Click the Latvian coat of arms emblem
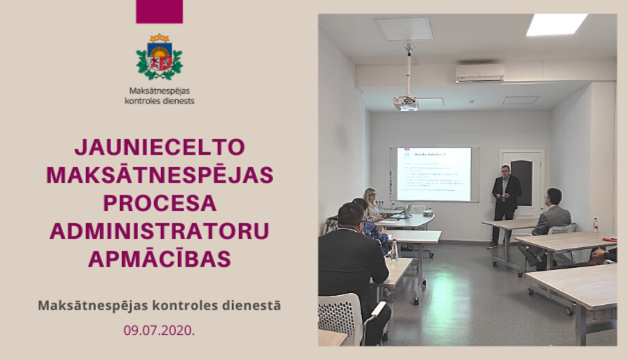159,57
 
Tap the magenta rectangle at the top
159,11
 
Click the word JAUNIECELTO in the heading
160,147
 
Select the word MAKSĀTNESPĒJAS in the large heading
160,175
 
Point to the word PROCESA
160,203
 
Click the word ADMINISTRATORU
160,231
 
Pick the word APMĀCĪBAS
160,259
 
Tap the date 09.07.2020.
159,330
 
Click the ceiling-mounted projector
405,102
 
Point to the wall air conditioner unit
480,73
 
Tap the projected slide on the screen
434,173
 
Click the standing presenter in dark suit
505,201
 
